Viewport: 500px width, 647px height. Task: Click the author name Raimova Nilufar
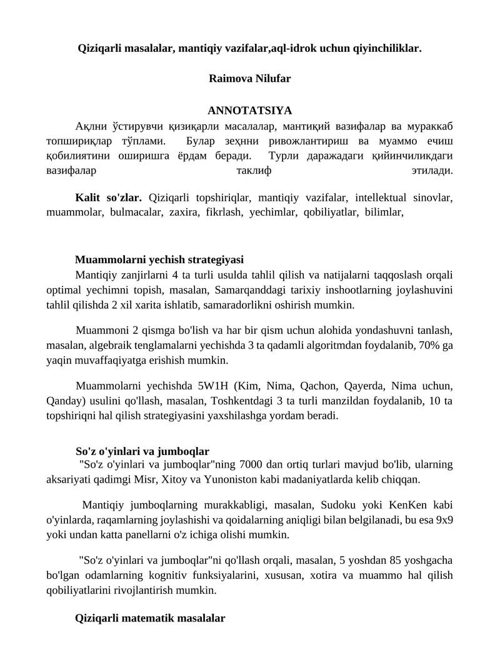pos(249,79)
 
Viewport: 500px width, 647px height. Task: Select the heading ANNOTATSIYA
pos(249,111)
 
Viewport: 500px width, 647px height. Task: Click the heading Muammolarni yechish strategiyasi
pos(159,259)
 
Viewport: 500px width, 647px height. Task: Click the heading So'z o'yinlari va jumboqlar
pos(142,451)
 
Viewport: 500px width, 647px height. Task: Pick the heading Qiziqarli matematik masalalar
pos(150,618)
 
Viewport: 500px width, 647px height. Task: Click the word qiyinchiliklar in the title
pos(381,47)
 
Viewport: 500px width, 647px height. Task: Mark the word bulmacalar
pos(133,213)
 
